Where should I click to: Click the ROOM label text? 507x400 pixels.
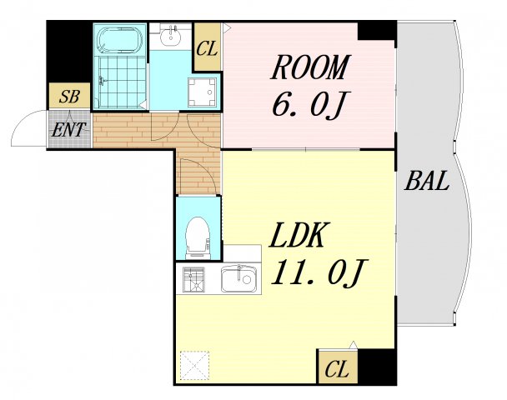point(310,67)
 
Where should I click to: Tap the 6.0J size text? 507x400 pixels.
point(307,104)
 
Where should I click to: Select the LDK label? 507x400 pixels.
point(298,235)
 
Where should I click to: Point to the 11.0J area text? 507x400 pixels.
point(319,272)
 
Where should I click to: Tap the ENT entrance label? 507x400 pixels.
point(68,130)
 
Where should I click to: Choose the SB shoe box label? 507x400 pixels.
point(69,97)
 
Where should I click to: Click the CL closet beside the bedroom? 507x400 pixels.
point(207,49)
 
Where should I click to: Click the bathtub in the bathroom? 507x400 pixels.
point(120,40)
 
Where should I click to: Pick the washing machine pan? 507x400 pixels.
point(202,92)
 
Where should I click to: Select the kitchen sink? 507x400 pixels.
point(239,279)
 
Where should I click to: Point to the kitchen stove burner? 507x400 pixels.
point(193,279)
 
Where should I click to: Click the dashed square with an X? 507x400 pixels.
point(194,366)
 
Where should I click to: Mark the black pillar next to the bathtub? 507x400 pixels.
point(69,52)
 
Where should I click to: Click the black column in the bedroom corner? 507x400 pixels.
point(377,31)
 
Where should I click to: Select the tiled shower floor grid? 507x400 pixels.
point(122,82)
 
